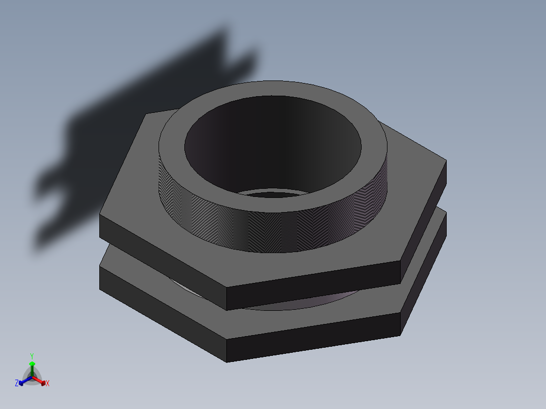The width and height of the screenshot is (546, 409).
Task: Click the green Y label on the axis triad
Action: (31, 356)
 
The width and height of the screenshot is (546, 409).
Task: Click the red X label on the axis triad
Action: (48, 384)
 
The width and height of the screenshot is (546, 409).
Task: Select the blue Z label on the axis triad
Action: (17, 384)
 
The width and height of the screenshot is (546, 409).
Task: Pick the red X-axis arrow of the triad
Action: (42, 381)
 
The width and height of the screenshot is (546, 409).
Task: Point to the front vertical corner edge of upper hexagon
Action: (226, 299)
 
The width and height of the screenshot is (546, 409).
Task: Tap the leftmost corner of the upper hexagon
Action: (100, 216)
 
